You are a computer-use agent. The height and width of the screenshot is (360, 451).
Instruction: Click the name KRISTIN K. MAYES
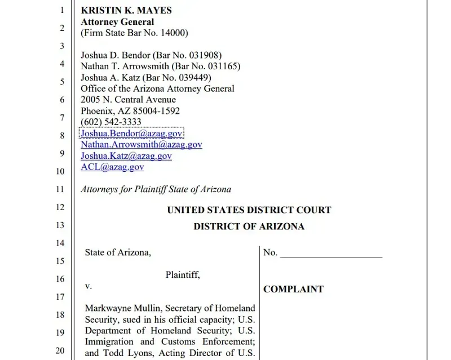click(126, 10)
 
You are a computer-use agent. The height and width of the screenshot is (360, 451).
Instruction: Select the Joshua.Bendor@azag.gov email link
click(131, 134)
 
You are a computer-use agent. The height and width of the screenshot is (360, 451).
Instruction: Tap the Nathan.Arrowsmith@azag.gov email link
click(141, 145)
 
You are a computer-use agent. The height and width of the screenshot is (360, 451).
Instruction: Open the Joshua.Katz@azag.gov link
click(126, 156)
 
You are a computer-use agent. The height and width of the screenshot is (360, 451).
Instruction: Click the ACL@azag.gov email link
click(112, 167)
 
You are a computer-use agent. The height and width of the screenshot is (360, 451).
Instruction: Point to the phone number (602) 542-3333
click(111, 122)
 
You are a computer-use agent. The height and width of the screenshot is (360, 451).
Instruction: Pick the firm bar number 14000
click(174, 33)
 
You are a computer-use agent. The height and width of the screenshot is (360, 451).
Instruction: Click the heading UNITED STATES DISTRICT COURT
click(249, 210)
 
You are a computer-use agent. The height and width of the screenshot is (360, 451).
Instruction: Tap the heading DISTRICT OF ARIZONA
click(249, 226)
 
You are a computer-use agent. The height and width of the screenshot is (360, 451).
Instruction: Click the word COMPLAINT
click(293, 289)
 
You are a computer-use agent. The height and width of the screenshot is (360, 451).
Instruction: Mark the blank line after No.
click(331, 254)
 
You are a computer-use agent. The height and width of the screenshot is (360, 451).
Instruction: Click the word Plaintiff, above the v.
click(183, 275)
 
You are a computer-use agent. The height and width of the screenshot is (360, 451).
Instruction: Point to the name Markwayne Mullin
click(116, 308)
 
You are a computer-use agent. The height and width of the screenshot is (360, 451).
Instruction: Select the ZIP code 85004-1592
click(153, 111)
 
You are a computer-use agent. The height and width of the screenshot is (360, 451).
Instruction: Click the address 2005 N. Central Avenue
click(128, 100)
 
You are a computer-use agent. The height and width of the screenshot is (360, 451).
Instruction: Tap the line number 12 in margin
click(60, 207)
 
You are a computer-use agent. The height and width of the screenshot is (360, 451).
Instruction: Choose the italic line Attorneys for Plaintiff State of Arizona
click(156, 189)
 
